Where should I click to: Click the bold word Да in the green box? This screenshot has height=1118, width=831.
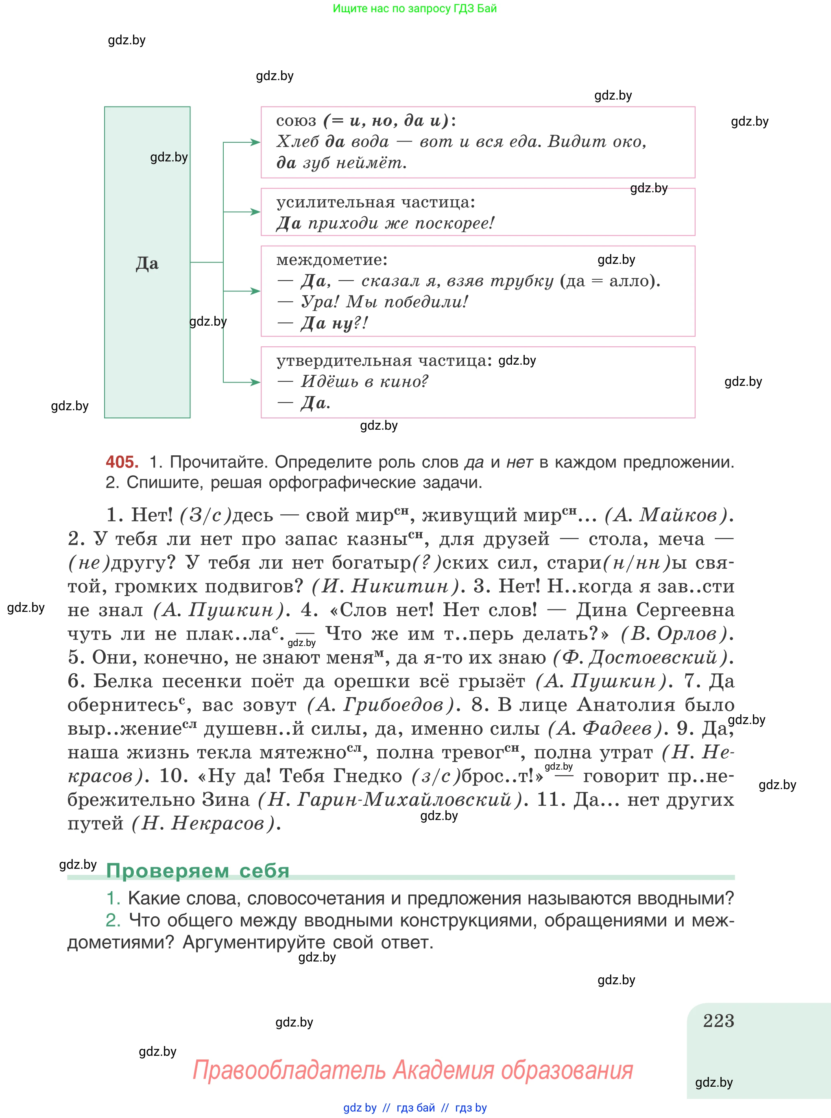pyautogui.click(x=147, y=263)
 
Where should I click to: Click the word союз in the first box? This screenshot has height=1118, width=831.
pyautogui.click(x=296, y=121)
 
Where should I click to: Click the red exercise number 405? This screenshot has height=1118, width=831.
pyautogui.click(x=122, y=461)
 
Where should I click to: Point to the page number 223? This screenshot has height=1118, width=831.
pyautogui.click(x=718, y=1021)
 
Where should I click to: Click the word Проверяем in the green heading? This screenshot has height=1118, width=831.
pyautogui.click(x=168, y=871)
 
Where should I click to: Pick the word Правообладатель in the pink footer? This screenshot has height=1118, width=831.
pyautogui.click(x=289, y=1070)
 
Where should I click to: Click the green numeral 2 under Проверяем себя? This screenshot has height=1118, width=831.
pyautogui.click(x=113, y=920)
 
